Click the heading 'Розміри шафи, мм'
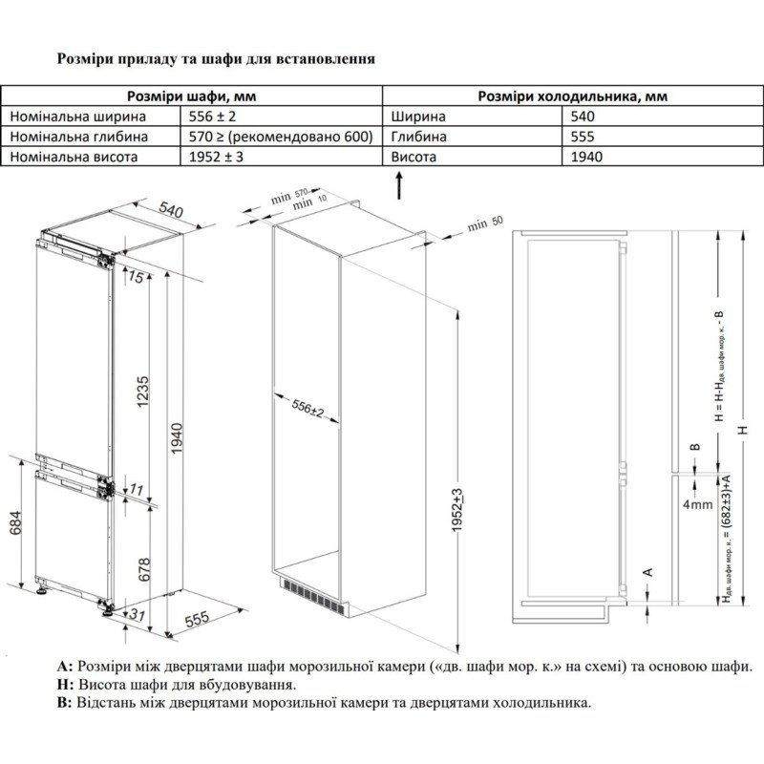pos(192,96)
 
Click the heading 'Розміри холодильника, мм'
pos(573,96)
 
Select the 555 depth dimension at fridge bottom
pos(196,619)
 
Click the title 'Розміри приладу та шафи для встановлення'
pos(216,57)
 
